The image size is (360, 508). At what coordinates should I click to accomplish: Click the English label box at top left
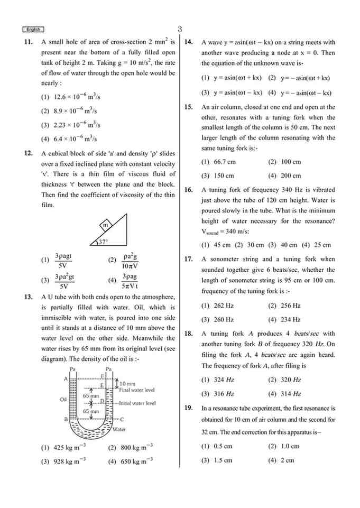pyautogui.click(x=33, y=30)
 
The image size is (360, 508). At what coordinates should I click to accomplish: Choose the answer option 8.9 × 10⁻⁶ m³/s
pyautogui.click(x=69, y=111)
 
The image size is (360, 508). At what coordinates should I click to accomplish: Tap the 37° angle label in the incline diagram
pyautogui.click(x=103, y=242)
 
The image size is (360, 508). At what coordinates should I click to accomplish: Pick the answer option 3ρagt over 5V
pyautogui.click(x=63, y=261)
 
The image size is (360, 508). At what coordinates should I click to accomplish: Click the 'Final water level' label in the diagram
pyautogui.click(x=136, y=390)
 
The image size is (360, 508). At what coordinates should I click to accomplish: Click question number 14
pyautogui.click(x=188, y=42)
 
